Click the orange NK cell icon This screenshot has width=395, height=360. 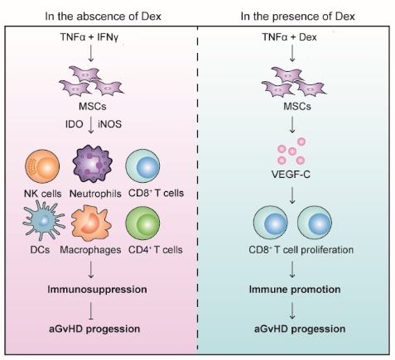click(x=42, y=166)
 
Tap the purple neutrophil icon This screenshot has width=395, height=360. click(x=93, y=164)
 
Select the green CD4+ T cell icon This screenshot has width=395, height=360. click(x=142, y=223)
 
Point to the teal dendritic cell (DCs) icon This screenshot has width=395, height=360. click(x=43, y=221)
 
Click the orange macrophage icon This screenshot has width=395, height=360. click(x=91, y=223)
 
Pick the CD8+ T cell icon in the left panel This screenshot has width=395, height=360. click(x=142, y=166)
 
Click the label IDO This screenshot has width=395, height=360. click(x=74, y=124)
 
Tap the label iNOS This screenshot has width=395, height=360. click(x=109, y=124)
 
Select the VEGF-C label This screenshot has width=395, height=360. click(x=291, y=175)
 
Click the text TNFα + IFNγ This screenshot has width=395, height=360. click(x=89, y=37)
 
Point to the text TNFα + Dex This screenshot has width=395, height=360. click(x=289, y=37)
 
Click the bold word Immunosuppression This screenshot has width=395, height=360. click(x=97, y=290)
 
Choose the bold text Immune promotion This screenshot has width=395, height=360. click(x=295, y=290)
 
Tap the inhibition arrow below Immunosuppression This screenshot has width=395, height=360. click(x=91, y=311)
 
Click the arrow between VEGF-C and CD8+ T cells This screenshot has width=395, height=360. click(x=292, y=195)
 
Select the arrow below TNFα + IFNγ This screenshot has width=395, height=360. click(x=91, y=53)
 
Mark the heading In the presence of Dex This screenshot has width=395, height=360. click(x=297, y=17)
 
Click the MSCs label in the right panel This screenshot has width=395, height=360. click(x=297, y=107)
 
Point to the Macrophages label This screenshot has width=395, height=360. click(x=90, y=250)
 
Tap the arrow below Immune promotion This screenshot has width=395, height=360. click(x=292, y=311)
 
